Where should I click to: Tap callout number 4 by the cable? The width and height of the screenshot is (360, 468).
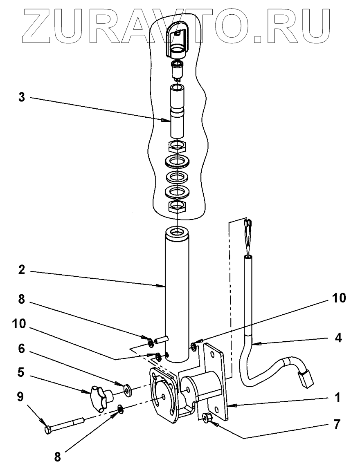(337, 338)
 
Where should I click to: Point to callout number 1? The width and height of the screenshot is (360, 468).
(337, 397)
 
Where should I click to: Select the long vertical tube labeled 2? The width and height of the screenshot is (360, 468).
(177, 294)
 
